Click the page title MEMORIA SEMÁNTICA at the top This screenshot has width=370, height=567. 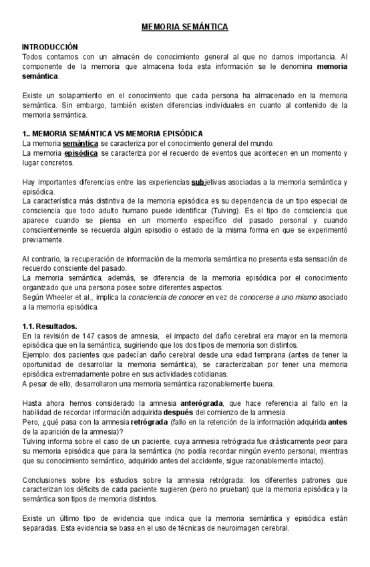point(185,27)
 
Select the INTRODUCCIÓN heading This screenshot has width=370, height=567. point(50,47)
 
